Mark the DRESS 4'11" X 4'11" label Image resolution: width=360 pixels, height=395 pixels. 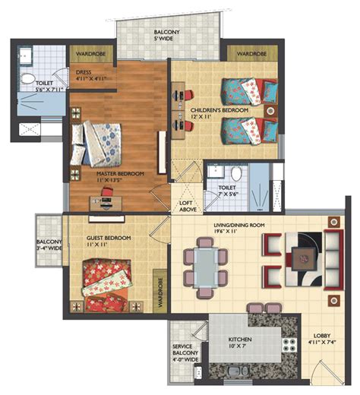coord(90,74)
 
